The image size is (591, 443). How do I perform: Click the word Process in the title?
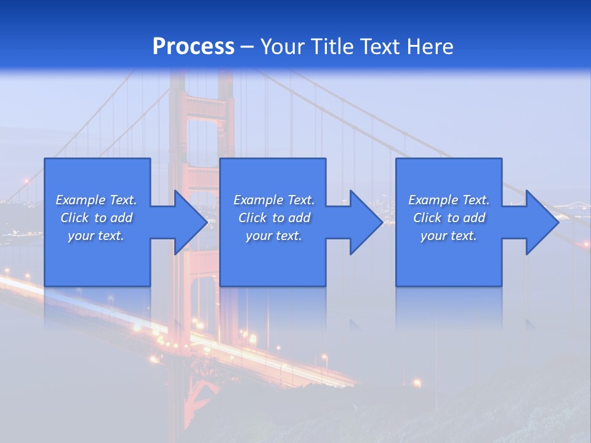[193, 47]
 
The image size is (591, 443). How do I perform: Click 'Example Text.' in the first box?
[96, 200]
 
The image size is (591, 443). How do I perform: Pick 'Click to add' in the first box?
[96, 218]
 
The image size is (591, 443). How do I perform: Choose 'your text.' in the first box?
[96, 236]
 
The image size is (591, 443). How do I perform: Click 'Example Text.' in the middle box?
[274, 200]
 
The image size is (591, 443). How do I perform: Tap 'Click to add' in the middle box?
[274, 218]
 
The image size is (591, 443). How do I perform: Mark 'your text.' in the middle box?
[274, 236]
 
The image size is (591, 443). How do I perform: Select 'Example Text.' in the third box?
[449, 200]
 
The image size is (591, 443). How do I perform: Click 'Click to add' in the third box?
[449, 218]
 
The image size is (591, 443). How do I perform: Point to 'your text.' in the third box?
[449, 236]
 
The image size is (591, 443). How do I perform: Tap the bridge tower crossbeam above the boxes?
[203, 108]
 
